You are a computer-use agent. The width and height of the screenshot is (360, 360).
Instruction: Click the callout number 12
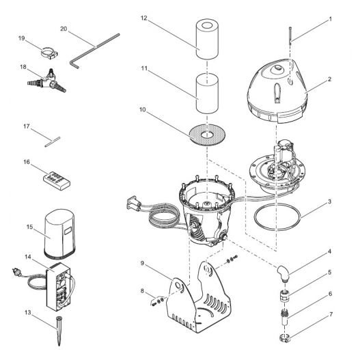click(x=143, y=18)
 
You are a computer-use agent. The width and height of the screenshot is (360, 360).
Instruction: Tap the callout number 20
click(x=64, y=29)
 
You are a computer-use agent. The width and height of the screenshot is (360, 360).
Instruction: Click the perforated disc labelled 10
click(x=207, y=135)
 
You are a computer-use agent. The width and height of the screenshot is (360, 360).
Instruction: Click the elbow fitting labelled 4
click(x=283, y=273)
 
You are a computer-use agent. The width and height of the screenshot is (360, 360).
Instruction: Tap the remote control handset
click(x=57, y=181)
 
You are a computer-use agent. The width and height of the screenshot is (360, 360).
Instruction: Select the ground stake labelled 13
click(x=59, y=331)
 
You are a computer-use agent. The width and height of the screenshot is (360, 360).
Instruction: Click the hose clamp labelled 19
click(x=49, y=53)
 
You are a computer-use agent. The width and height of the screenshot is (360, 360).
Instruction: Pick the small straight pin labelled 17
click(x=53, y=141)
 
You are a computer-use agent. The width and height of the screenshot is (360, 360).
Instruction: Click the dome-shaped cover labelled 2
click(x=277, y=91)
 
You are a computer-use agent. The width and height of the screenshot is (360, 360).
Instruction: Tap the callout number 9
click(x=142, y=263)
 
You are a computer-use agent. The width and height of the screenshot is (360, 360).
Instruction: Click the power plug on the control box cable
click(x=17, y=272)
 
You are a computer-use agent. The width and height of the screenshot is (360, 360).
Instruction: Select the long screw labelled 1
click(x=290, y=35)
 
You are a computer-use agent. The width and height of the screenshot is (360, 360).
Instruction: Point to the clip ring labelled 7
click(x=285, y=338)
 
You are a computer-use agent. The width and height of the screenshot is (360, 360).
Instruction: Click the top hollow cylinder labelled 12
click(x=207, y=39)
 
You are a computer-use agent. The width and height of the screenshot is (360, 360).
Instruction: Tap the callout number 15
click(x=29, y=227)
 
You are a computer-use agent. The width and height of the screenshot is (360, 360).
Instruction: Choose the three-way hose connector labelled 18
click(x=47, y=81)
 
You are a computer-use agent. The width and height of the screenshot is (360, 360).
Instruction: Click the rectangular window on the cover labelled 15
click(x=68, y=231)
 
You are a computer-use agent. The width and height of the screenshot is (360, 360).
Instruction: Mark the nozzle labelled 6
click(x=285, y=317)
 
